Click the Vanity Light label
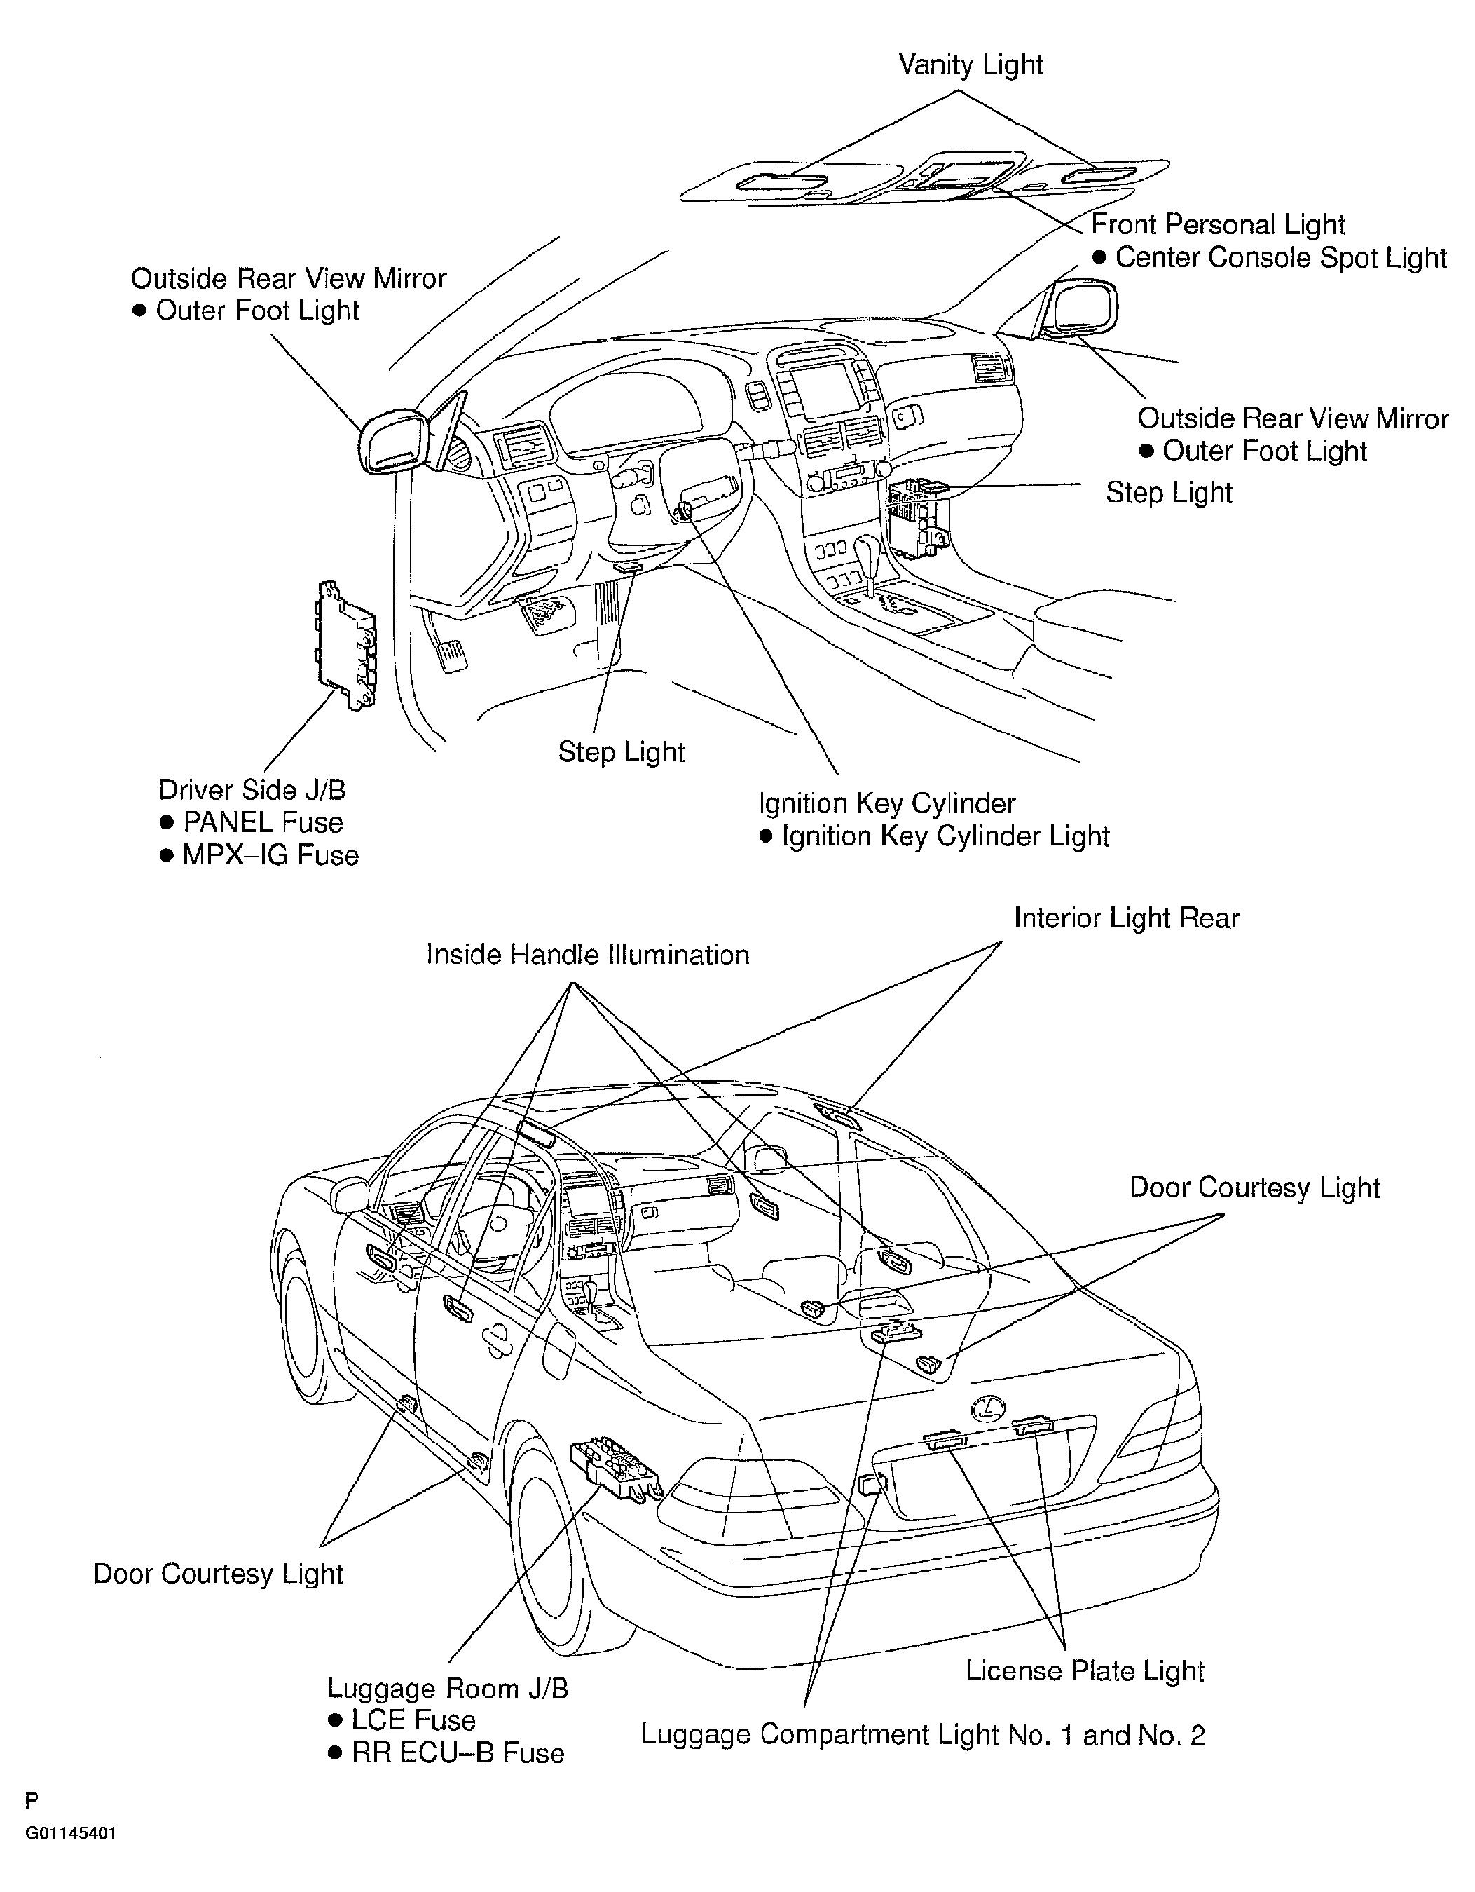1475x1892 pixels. [970, 65]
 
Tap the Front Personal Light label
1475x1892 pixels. [1217, 224]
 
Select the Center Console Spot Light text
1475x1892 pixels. [1280, 257]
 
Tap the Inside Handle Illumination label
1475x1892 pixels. [587, 955]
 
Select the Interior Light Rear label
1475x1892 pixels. [1126, 918]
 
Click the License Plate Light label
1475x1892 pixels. [1085, 1670]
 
